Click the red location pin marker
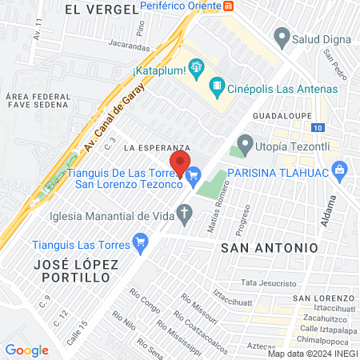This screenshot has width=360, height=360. [181, 162]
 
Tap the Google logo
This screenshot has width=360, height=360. [26, 350]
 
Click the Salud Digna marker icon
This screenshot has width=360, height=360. [281, 36]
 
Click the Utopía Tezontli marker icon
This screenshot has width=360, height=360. [244, 147]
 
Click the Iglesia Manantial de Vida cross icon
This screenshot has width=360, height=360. [185, 214]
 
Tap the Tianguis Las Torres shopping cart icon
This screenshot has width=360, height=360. [142, 240]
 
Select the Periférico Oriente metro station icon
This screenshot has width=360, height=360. [230, 6]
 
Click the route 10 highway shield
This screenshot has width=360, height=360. [318, 128]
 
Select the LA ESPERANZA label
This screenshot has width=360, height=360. [157, 148]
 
